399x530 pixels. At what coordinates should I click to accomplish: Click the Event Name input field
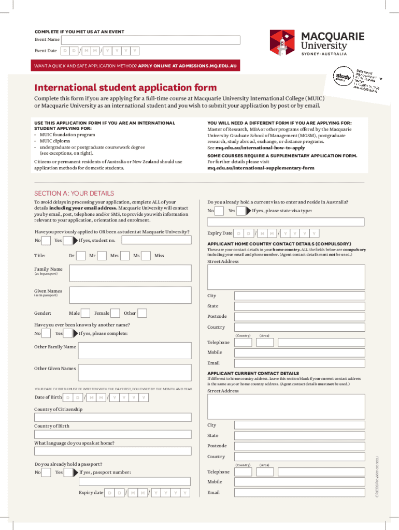(151, 40)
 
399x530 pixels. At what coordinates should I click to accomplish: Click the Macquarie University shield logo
(282, 42)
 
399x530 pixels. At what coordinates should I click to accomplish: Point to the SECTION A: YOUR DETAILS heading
(74, 194)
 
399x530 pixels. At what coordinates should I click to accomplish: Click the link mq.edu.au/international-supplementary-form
(261, 168)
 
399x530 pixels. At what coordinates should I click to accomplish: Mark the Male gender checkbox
(87, 313)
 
